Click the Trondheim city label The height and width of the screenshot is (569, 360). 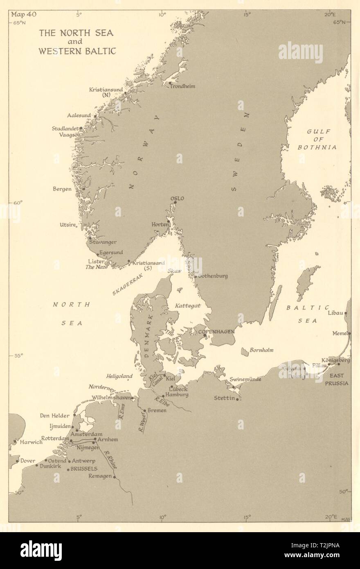[x=184, y=86]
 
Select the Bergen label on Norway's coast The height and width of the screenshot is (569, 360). [x=62, y=189]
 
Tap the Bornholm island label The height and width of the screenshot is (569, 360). [x=261, y=350]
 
